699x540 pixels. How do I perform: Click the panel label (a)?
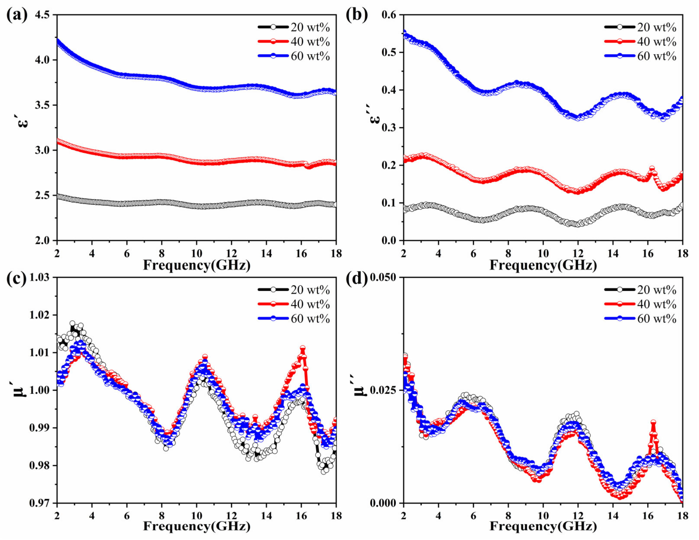pyautogui.click(x=17, y=15)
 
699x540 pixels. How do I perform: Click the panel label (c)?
pyautogui.click(x=17, y=279)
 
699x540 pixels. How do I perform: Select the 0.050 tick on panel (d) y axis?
pyautogui.click(x=383, y=277)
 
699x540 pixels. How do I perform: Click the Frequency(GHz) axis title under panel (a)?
pyautogui.click(x=196, y=265)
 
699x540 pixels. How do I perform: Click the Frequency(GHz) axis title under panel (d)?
pyautogui.click(x=543, y=527)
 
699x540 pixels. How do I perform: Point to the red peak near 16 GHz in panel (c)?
pyautogui.click(x=302, y=348)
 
